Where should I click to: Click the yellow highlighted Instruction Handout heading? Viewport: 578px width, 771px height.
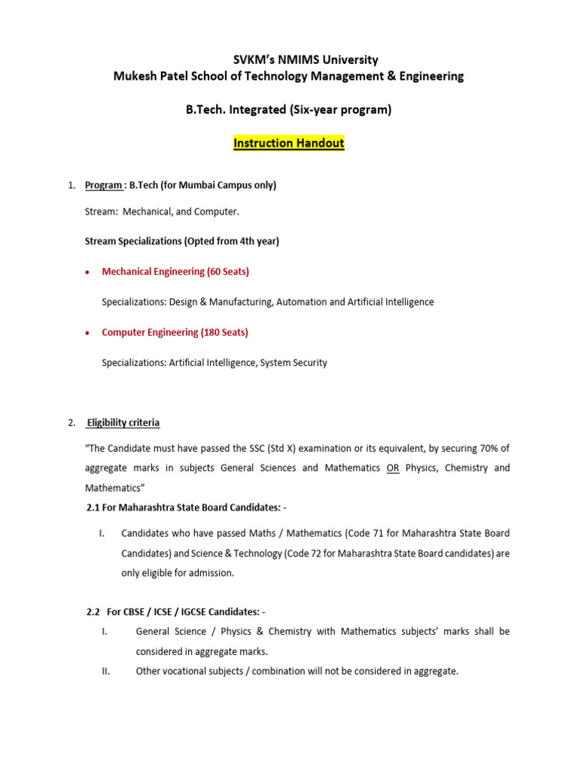(289, 143)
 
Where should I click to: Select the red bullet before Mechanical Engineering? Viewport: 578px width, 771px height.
(89, 272)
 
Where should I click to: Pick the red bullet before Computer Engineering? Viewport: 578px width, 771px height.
(89, 333)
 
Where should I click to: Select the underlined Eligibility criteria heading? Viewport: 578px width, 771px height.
(123, 422)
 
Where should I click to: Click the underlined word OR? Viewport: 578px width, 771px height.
(393, 468)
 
